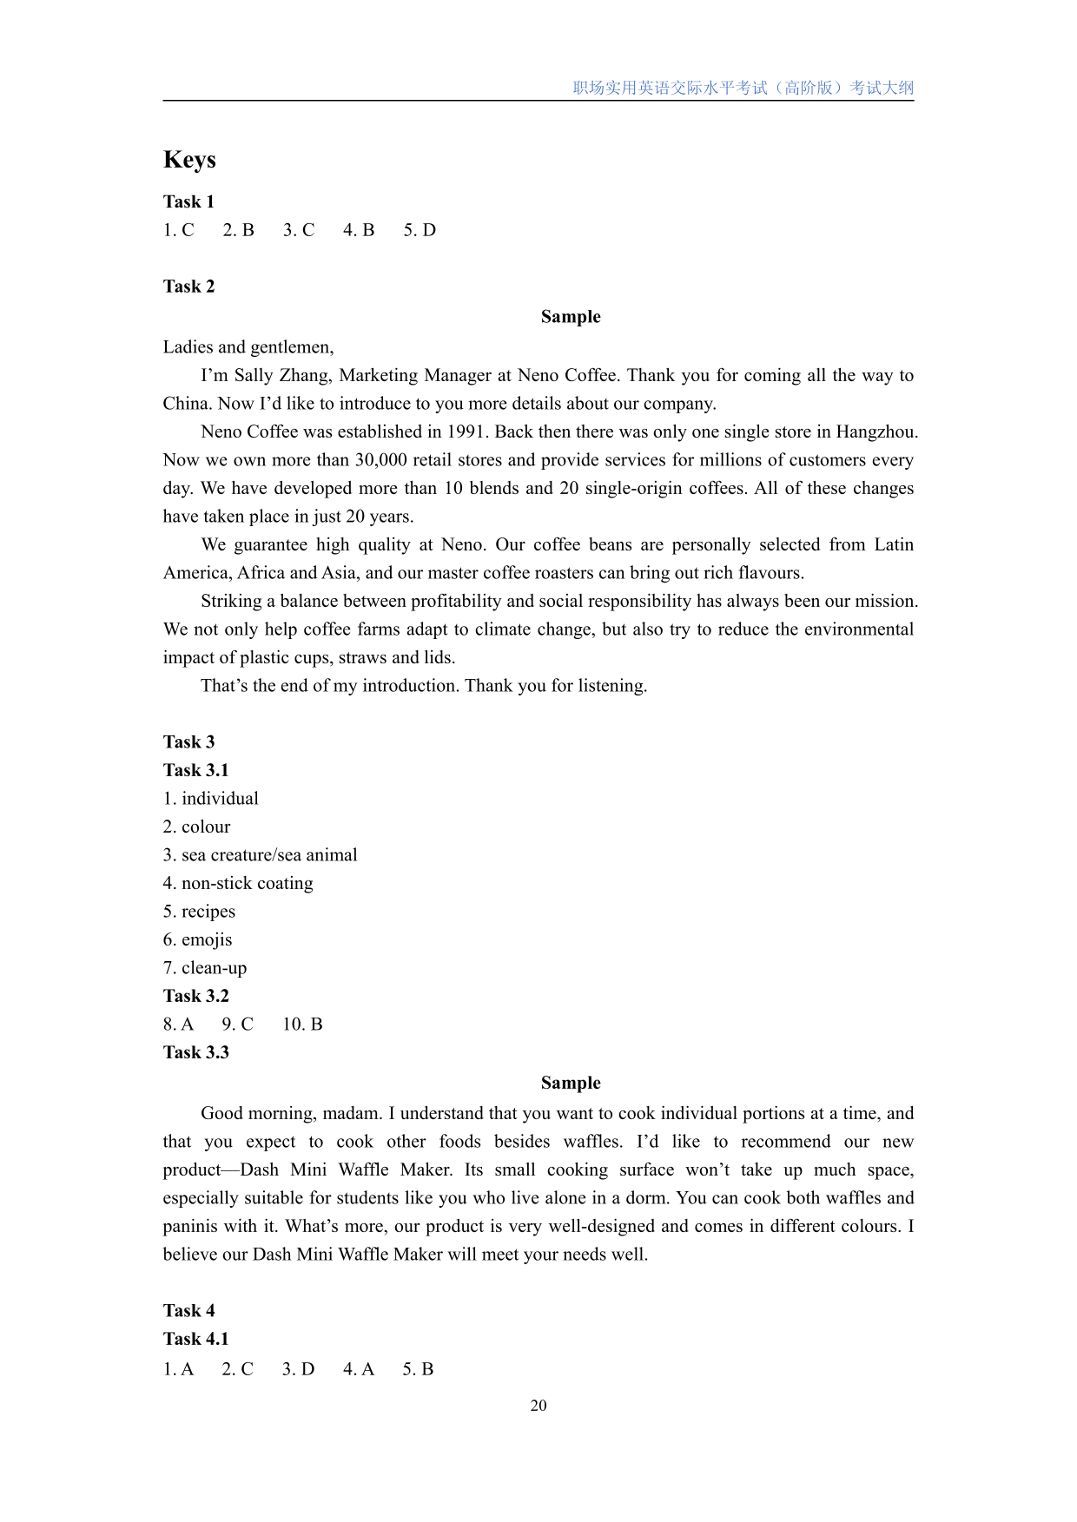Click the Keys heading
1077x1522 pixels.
tap(189, 160)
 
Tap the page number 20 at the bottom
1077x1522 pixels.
tap(538, 1406)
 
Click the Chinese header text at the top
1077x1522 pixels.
tap(743, 88)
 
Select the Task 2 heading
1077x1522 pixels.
tap(188, 287)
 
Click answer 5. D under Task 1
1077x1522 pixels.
tap(420, 230)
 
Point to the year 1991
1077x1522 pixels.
tap(467, 432)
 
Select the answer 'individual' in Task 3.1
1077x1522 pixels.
tap(220, 799)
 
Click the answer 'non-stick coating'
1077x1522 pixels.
tap(247, 883)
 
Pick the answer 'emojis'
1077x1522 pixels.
tap(207, 939)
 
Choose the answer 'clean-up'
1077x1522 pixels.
tap(214, 968)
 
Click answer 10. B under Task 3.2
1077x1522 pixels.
tap(302, 1025)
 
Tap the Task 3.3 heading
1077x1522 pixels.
tap(196, 1052)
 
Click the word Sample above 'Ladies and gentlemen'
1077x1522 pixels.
tap(571, 317)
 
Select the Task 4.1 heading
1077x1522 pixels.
tap(196, 1339)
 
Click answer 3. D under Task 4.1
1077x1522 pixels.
tap(298, 1369)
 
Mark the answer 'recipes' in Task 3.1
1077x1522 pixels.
tap(208, 912)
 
